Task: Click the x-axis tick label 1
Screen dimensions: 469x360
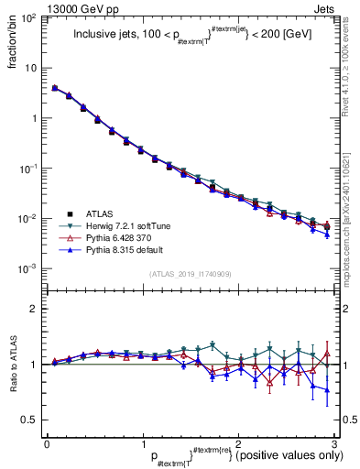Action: coord(142,442)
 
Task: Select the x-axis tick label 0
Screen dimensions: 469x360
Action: coord(47,442)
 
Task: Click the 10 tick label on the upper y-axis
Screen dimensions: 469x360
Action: coord(33,68)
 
